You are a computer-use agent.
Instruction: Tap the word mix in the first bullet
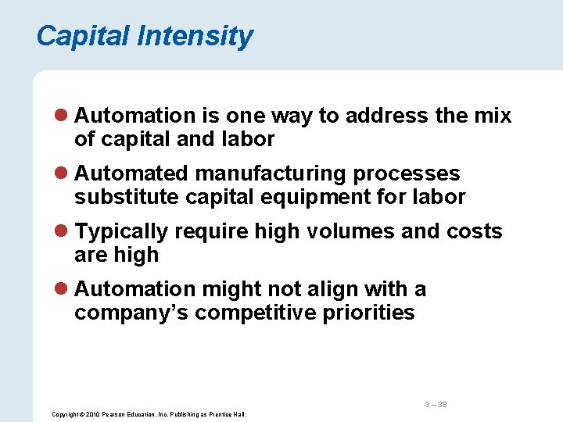coord(493,116)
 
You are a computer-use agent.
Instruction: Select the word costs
coord(474,232)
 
